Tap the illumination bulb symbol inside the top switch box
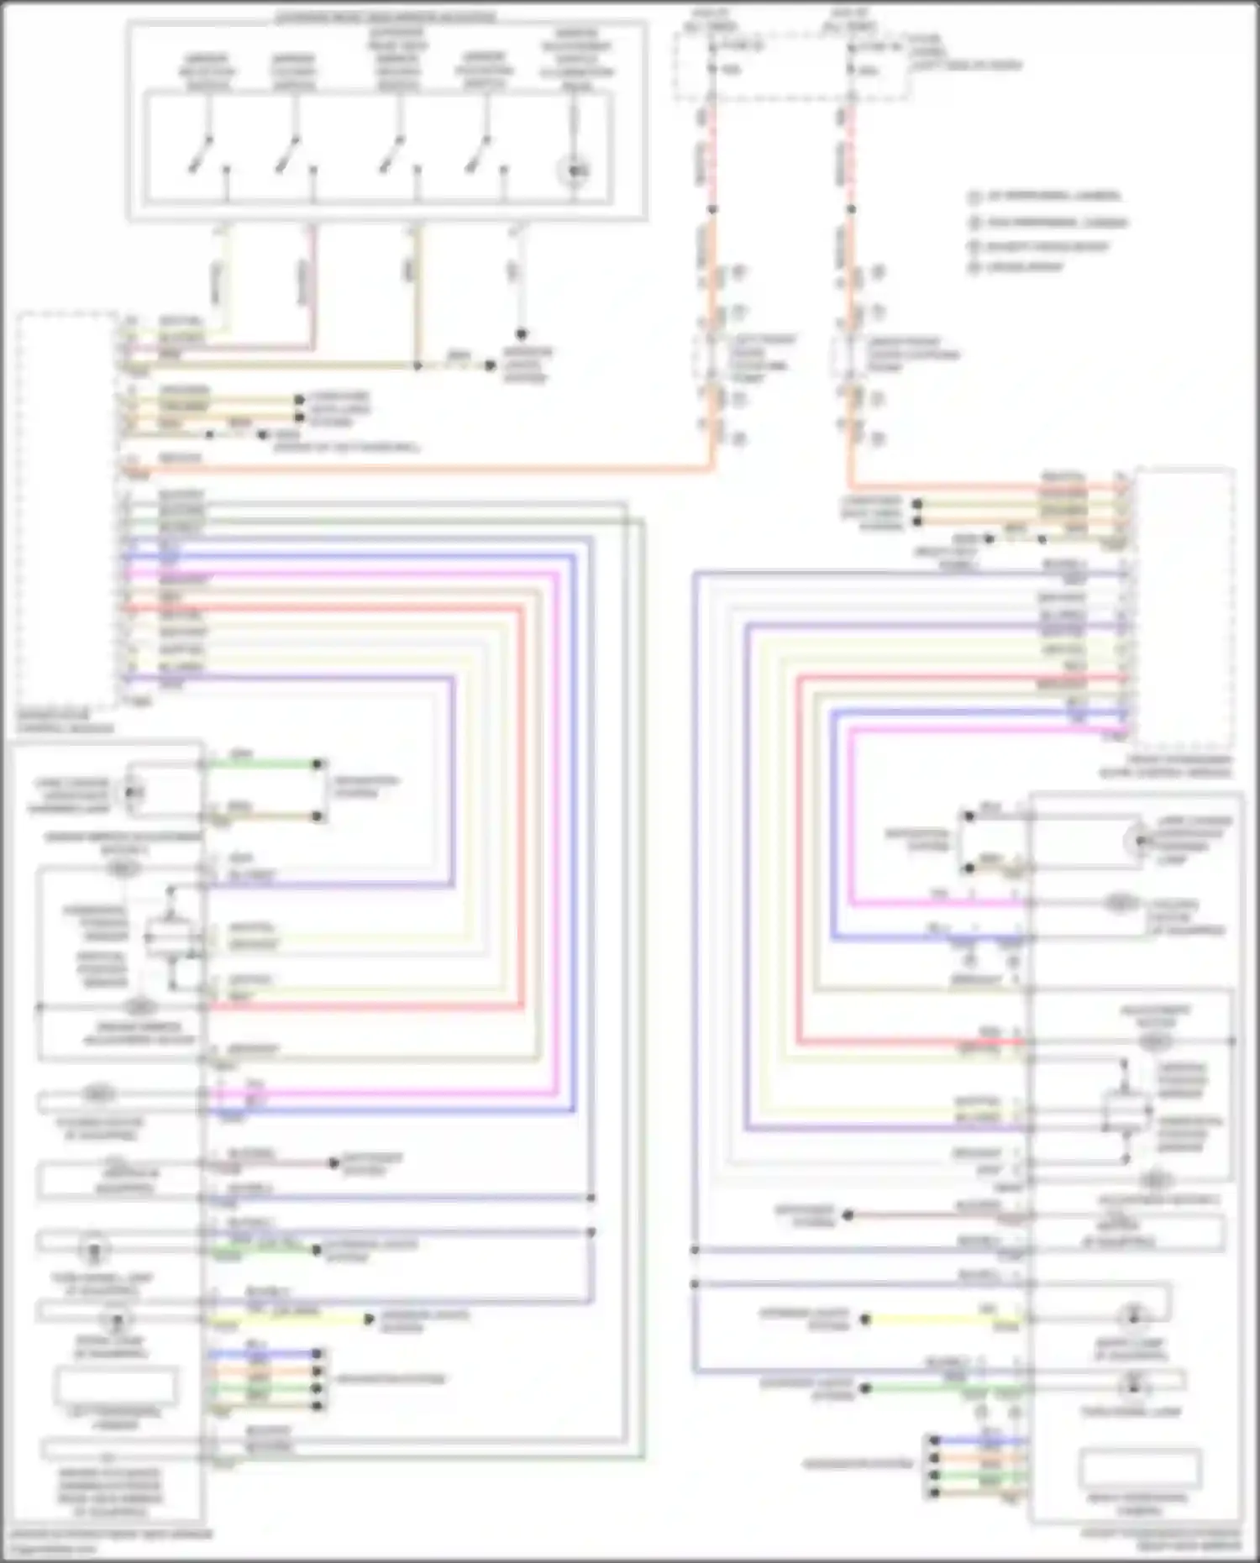[574, 172]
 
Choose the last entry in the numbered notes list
[1017, 267]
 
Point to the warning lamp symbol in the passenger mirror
[1138, 840]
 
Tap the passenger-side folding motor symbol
[1117, 904]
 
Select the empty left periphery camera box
[115, 1387]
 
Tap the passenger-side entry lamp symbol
[1133, 1316]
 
